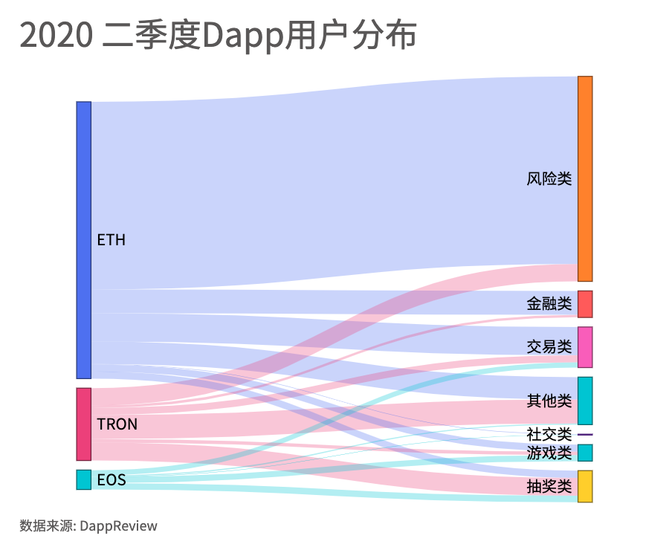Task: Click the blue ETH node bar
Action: pyautogui.click(x=83, y=239)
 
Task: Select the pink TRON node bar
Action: pyautogui.click(x=83, y=424)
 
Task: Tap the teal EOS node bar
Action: pyautogui.click(x=83, y=479)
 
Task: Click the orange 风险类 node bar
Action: pyautogui.click(x=585, y=178)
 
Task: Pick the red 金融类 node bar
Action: pyautogui.click(x=585, y=304)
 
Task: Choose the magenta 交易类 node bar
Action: pyautogui.click(x=585, y=347)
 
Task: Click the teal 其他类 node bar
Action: pyautogui.click(x=585, y=401)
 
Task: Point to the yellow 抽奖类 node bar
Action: pyautogui.click(x=585, y=486)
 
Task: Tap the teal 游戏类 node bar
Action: pyautogui.click(x=585, y=453)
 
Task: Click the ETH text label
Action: pyautogui.click(x=111, y=240)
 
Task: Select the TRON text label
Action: pyautogui.click(x=117, y=424)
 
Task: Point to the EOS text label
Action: pyautogui.click(x=111, y=480)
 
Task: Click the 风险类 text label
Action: pyautogui.click(x=549, y=179)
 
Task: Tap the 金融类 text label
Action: pyautogui.click(x=549, y=304)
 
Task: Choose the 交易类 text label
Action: pyautogui.click(x=549, y=347)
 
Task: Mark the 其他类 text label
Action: pyautogui.click(x=549, y=401)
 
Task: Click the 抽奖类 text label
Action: pyautogui.click(x=549, y=487)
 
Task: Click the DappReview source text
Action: pyautogui.click(x=118, y=526)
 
